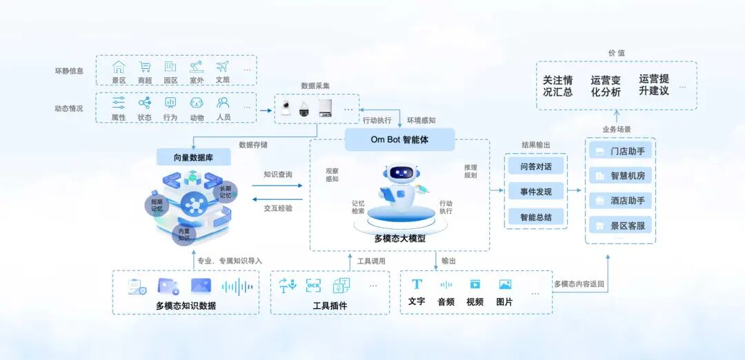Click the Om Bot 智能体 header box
coord(400,139)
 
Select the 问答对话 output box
coord(535,166)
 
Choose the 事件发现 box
coord(535,192)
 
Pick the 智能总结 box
coord(535,217)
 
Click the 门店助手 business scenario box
coord(619,151)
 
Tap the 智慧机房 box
coord(619,176)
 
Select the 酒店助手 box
coord(619,201)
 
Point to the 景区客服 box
coord(619,226)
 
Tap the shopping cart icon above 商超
coord(145,67)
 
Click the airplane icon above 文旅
coord(222,67)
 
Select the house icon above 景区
coord(119,67)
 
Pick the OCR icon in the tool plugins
coord(314,285)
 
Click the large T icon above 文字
coord(417,284)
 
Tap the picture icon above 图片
coord(505,284)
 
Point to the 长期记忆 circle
coord(226,192)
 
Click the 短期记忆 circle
coord(157,204)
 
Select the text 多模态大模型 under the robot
coord(400,239)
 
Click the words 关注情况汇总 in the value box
coord(557,86)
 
